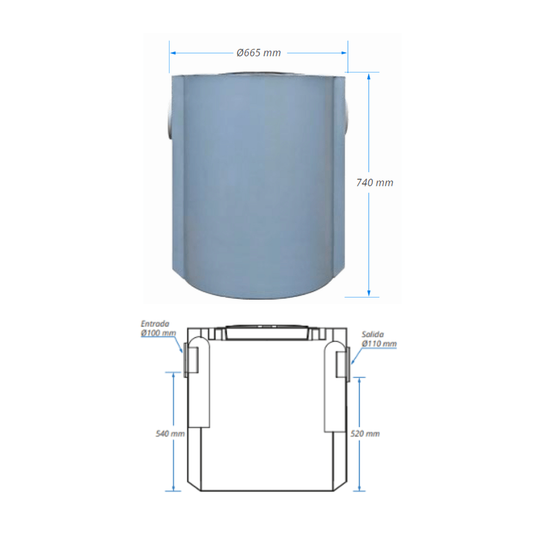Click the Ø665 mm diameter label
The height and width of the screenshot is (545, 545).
click(x=258, y=53)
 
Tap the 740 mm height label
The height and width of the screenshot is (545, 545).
click(x=375, y=183)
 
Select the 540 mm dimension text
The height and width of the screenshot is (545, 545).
click(x=170, y=433)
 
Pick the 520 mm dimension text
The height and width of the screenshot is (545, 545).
click(x=365, y=433)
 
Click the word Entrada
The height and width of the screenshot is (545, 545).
click(x=155, y=324)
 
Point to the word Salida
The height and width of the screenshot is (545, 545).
click(x=373, y=335)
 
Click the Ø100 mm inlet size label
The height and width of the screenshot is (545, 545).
click(x=158, y=333)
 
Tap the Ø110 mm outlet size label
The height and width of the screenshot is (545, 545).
click(x=379, y=344)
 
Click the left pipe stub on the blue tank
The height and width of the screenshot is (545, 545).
click(x=169, y=119)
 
